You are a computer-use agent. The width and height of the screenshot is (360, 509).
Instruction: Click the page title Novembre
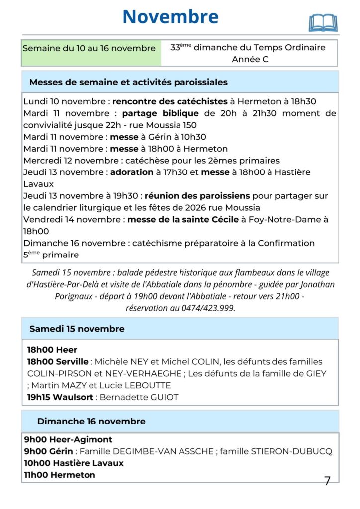170,17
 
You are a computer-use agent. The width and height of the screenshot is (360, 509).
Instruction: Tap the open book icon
323,23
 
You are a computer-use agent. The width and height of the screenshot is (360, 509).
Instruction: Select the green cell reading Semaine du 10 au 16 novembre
89,49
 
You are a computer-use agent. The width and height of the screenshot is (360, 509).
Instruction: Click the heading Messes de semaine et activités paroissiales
128,82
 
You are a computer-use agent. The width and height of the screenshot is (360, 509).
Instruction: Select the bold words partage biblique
160,113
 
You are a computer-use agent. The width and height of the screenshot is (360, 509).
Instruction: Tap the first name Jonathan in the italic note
315,284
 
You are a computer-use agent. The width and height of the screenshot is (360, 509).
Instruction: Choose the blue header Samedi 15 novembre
77,329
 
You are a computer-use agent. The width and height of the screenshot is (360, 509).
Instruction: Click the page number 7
327,481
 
